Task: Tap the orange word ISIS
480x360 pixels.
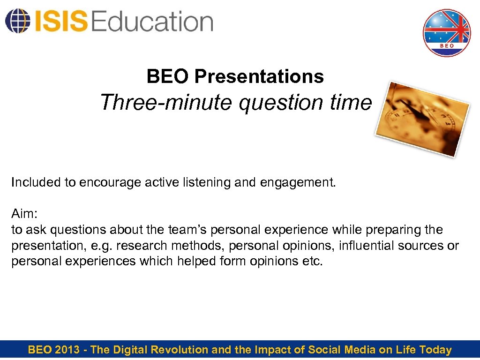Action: click(x=60, y=22)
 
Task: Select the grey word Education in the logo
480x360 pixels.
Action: click(x=152, y=22)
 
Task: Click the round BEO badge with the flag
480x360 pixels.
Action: click(x=446, y=33)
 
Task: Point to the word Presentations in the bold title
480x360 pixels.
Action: click(x=259, y=76)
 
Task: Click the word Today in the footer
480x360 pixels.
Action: click(x=435, y=350)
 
